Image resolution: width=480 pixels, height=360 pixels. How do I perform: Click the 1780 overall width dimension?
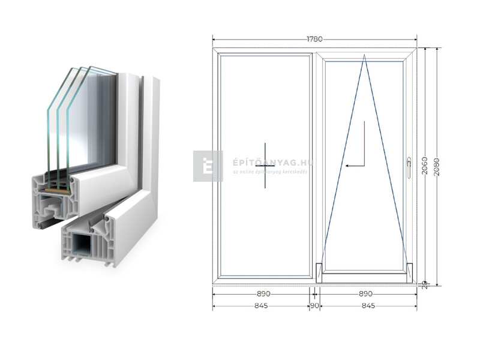(314, 40)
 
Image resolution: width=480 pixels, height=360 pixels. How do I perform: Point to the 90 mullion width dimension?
(314, 306)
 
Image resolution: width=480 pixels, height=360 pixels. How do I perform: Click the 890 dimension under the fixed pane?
(263, 294)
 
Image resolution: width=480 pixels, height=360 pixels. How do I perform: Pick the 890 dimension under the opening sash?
(365, 294)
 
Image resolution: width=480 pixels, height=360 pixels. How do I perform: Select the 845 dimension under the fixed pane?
(260, 306)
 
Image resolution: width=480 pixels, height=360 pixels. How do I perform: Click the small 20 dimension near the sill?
(424, 284)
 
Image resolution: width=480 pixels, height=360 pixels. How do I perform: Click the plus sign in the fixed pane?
(265, 166)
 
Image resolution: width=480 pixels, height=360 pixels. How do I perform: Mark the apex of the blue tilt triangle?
(364, 56)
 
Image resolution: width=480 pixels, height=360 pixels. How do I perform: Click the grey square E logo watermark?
(208, 166)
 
